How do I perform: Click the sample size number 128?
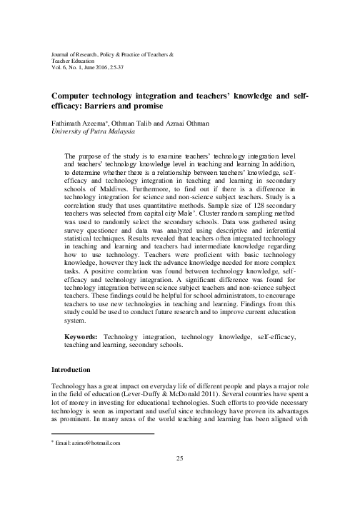[256, 204]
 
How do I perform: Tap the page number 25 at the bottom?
[180, 458]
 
